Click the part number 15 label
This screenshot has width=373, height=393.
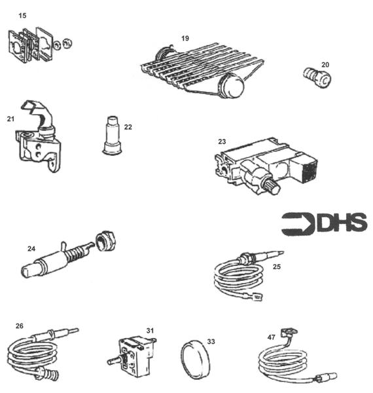click(x=23, y=14)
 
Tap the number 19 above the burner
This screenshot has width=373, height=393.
click(x=185, y=39)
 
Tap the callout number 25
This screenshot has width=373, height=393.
click(x=277, y=267)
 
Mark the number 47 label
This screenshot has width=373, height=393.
click(x=272, y=336)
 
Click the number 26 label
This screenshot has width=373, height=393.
click(x=20, y=326)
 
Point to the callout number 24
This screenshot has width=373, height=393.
click(x=31, y=249)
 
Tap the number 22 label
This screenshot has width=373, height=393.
click(x=128, y=126)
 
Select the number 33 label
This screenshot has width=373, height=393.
click(x=211, y=341)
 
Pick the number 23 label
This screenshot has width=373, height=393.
click(x=222, y=141)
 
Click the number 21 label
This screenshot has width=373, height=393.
click(x=10, y=119)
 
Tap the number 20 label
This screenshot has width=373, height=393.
click(x=325, y=65)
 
